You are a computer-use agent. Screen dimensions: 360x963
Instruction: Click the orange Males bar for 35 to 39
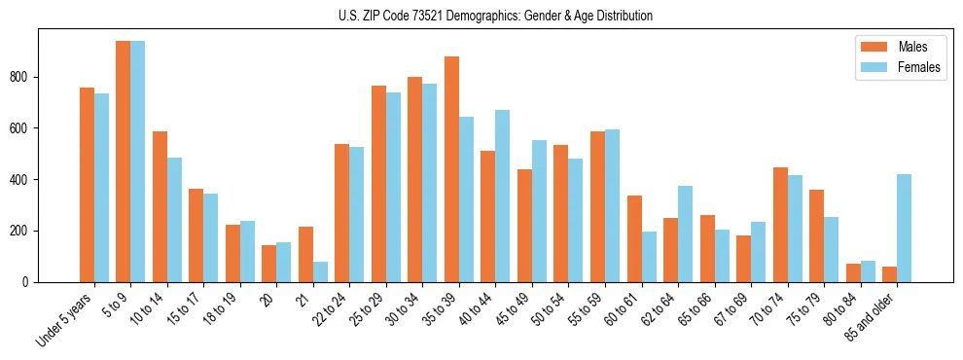tap(451, 169)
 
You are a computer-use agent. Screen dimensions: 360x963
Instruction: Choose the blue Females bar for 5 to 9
tap(138, 162)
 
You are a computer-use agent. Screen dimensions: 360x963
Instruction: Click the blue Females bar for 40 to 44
tap(503, 196)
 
